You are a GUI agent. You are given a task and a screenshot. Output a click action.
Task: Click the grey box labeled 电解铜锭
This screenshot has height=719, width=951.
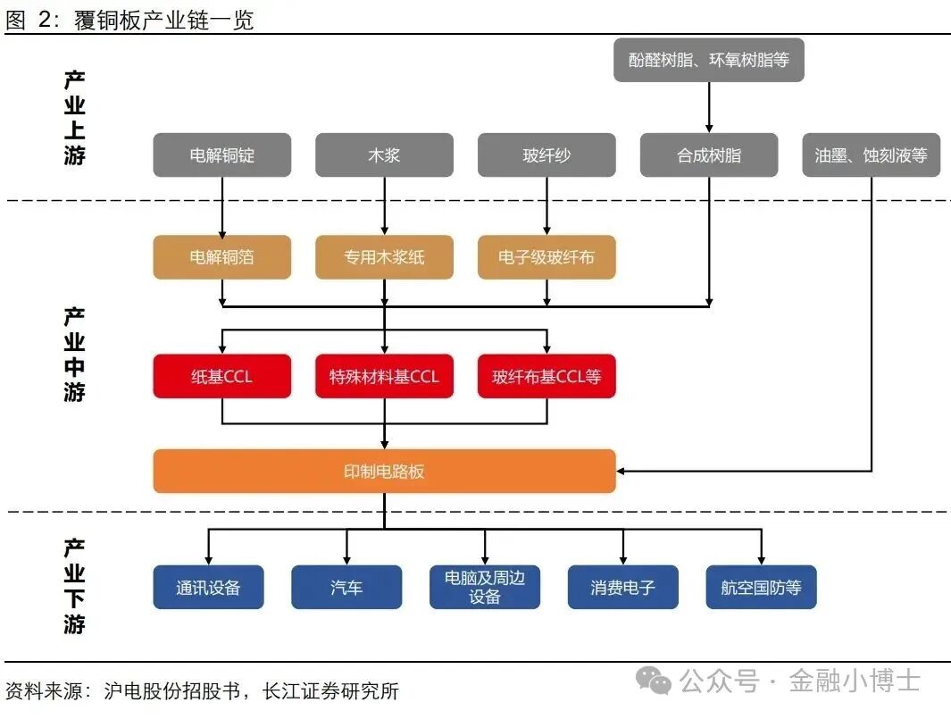[x=222, y=155]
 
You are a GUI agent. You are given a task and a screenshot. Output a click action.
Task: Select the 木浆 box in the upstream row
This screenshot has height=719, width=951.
[x=384, y=155]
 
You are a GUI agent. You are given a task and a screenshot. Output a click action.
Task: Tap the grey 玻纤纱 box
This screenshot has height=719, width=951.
[x=546, y=155]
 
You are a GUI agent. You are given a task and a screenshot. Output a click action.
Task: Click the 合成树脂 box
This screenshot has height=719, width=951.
[x=709, y=155]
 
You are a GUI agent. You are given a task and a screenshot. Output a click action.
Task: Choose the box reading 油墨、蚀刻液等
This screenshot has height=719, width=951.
[x=871, y=155]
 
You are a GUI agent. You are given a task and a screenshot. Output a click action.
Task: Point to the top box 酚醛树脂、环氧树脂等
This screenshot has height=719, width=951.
[x=709, y=60]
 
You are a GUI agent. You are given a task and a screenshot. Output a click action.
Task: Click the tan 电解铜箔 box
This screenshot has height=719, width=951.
[x=222, y=257]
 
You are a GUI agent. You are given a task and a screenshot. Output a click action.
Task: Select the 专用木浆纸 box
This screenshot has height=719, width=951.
[x=384, y=257]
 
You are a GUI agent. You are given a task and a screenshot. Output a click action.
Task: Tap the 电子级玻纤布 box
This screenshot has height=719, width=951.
[x=546, y=257]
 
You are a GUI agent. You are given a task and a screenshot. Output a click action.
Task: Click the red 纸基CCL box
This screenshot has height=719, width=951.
[x=222, y=376]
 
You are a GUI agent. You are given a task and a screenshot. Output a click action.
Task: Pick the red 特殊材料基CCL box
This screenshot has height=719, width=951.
[x=384, y=376]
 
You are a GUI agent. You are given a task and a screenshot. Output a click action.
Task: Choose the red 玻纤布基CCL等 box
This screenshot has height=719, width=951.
[x=546, y=376]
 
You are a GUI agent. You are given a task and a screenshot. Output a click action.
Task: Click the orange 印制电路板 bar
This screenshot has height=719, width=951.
[x=384, y=471]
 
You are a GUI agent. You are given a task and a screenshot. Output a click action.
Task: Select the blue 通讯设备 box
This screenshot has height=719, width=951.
[x=208, y=587]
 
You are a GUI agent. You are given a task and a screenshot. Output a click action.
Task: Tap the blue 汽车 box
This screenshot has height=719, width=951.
[x=346, y=587]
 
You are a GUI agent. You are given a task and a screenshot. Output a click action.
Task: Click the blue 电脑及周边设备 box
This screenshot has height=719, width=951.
[x=485, y=587]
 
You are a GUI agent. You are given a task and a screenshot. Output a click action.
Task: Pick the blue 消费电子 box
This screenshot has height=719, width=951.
[x=622, y=587]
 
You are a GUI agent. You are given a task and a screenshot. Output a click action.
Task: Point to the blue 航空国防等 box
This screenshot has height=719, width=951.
[x=761, y=587]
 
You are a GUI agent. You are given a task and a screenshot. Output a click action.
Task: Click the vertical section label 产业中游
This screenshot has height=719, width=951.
[x=74, y=355]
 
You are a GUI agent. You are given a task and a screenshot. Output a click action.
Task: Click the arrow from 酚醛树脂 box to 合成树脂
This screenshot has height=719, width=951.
[x=709, y=107]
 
